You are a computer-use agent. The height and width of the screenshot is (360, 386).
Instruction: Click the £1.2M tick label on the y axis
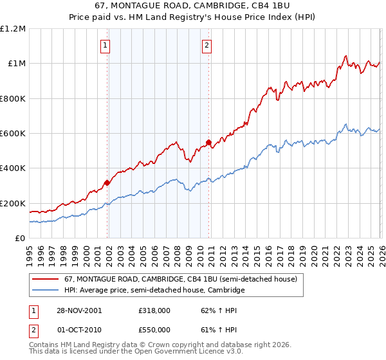tap(13, 29)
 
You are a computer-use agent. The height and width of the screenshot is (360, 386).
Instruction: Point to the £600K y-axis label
tap(13, 134)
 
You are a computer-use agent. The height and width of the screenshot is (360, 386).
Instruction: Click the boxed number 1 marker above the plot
tap(105, 45)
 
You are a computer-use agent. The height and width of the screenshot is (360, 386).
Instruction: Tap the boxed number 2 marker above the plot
tap(207, 45)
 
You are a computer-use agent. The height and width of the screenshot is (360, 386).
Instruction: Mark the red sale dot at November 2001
tap(107, 183)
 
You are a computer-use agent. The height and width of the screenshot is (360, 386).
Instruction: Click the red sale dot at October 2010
tap(208, 142)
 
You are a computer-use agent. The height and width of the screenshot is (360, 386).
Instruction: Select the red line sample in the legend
tap(46, 280)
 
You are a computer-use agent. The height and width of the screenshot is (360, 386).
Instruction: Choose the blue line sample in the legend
tap(46, 291)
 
